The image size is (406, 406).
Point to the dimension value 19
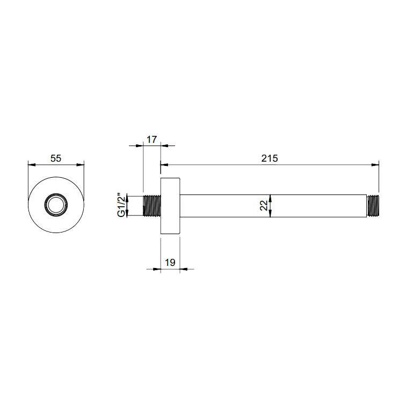click(x=170, y=263)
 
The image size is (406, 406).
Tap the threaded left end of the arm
click(x=152, y=206)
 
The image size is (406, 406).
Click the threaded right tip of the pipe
click(x=374, y=206)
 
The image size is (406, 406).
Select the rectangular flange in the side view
click(x=170, y=206)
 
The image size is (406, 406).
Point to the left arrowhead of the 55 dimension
click(x=30, y=164)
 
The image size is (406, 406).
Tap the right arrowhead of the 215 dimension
click(x=375, y=164)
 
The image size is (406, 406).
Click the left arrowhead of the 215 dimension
click(x=164, y=164)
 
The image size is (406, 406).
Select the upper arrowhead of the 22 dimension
click(x=271, y=198)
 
